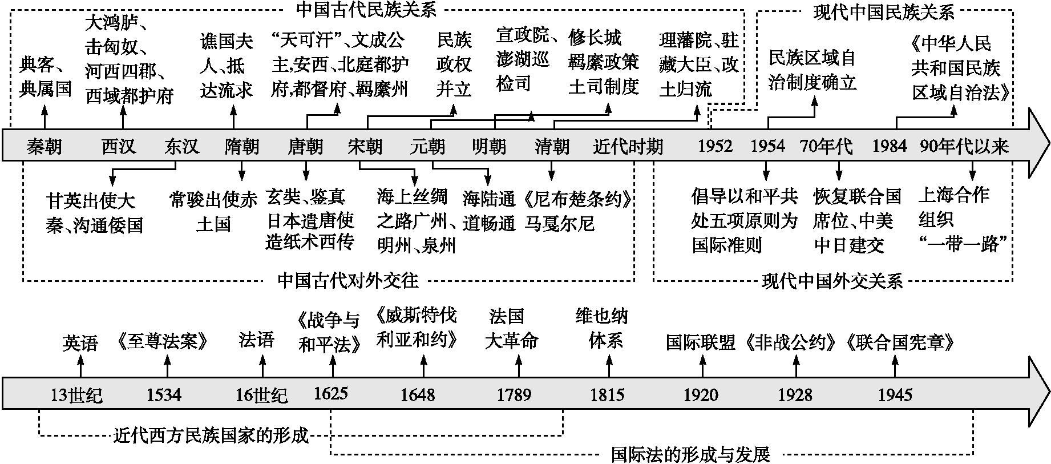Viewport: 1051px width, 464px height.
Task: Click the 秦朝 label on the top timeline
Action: (x=44, y=147)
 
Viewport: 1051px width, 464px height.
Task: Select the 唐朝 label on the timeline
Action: (x=305, y=147)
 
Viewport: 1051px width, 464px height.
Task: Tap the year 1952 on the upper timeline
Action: (x=715, y=147)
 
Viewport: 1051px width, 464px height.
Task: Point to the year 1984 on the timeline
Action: (x=889, y=147)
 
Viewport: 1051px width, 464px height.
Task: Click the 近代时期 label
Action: (x=628, y=147)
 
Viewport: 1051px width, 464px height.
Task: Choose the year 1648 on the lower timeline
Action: (x=418, y=394)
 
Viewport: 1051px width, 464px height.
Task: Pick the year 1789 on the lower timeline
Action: (x=514, y=394)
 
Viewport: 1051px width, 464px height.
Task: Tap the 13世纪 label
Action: (x=76, y=395)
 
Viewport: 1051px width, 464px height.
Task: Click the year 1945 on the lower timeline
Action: (x=895, y=394)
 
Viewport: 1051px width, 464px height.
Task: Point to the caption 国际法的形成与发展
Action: (x=690, y=455)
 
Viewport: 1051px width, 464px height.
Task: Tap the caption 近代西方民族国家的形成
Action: (x=211, y=436)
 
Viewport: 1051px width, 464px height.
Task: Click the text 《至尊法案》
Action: (x=163, y=341)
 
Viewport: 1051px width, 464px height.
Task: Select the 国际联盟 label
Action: (x=701, y=342)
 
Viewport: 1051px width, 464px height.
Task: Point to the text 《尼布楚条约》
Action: (x=578, y=199)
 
